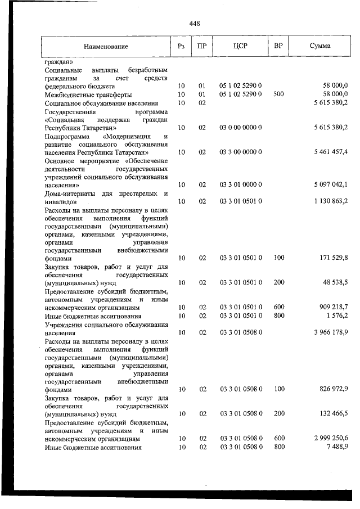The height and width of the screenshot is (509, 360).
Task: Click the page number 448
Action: [195, 23]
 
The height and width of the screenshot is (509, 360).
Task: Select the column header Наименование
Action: [106, 46]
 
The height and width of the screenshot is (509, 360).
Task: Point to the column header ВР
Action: [278, 46]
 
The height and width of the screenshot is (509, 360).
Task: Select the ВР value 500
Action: [278, 94]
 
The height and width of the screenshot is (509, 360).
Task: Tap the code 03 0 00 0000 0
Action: [240, 128]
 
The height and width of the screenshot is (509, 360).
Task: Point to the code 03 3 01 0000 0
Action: [240, 184]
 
